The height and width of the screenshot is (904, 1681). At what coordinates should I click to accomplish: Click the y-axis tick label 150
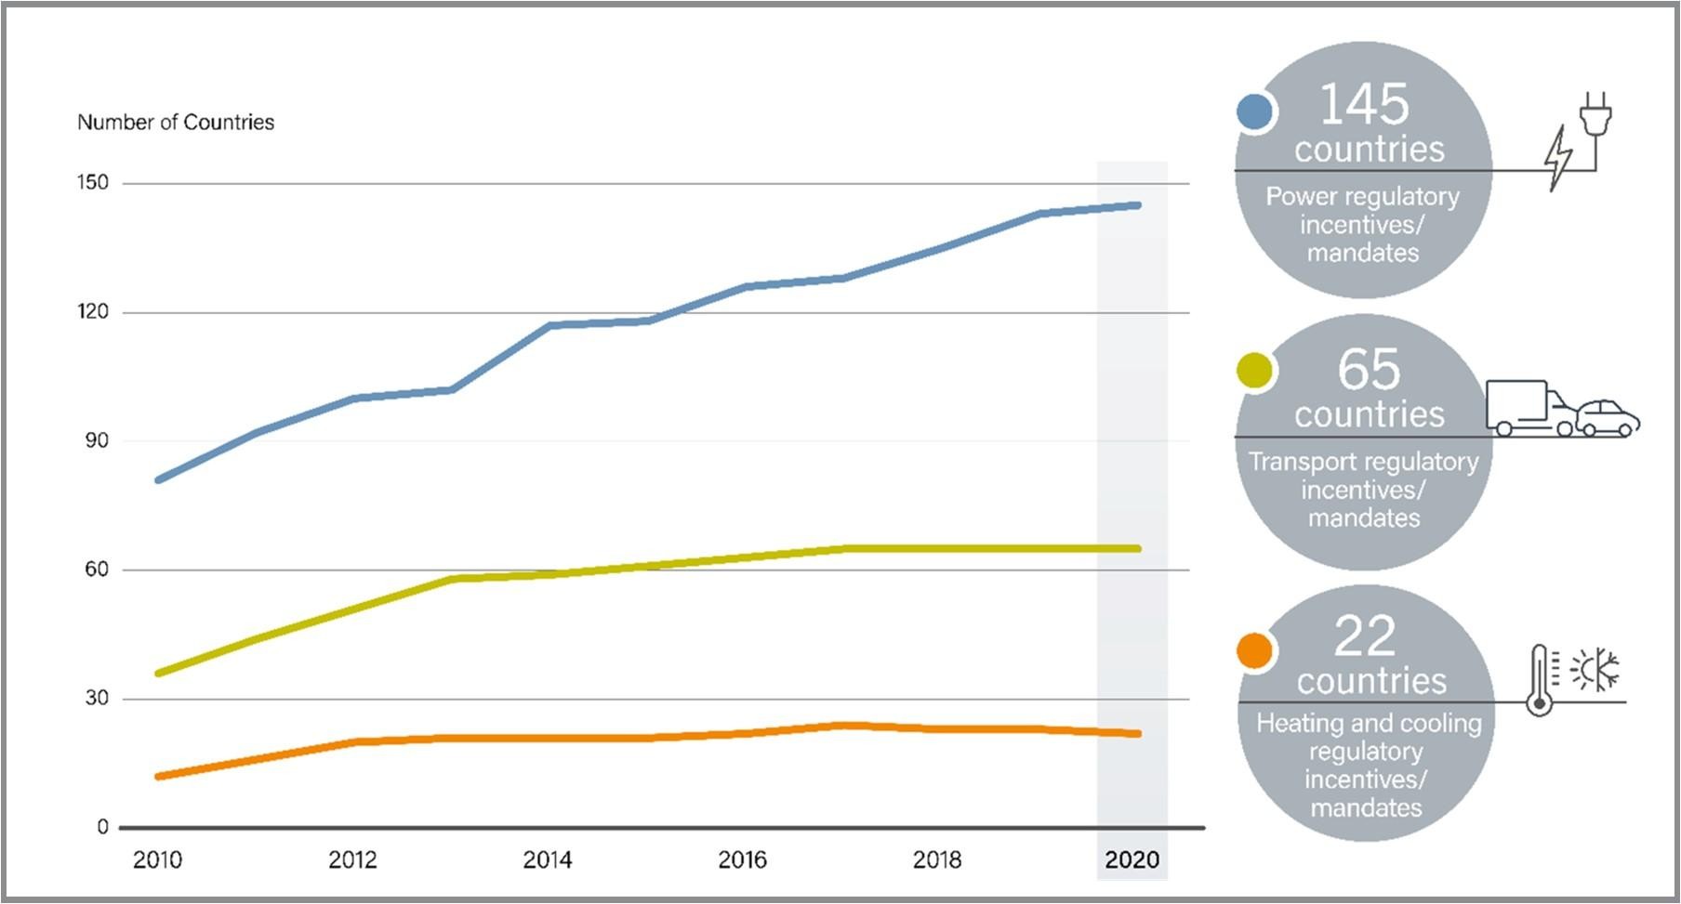coord(93,182)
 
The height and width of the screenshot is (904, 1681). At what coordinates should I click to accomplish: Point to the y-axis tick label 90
coord(97,440)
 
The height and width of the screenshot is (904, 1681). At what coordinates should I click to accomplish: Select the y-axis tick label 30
coord(97,698)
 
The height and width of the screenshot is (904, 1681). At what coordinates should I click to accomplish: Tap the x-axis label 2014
coord(547,860)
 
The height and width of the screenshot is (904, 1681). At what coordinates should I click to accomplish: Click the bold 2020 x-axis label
coord(1132,860)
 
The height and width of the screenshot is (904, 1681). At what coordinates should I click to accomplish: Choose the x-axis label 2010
coord(157,860)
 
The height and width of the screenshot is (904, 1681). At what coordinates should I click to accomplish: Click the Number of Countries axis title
coord(176,123)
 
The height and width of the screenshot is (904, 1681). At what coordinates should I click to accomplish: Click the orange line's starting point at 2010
coord(159,776)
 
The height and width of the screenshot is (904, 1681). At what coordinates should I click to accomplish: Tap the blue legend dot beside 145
coord(1254,112)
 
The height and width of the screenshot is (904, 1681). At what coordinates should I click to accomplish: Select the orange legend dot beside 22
coord(1254,651)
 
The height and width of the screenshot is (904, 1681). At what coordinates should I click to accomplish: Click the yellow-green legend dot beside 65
coord(1254,371)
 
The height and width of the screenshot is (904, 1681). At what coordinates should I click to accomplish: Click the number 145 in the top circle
coord(1364,104)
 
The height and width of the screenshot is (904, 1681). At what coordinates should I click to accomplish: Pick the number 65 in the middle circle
coord(1369,369)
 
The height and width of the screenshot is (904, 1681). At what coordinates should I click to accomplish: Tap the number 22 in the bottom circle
coord(1365,636)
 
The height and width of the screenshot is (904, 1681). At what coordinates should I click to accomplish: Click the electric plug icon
coord(1594,115)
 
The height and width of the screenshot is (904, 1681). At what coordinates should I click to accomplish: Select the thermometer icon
coord(1541,680)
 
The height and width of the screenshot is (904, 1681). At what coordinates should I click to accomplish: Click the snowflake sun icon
coord(1595,669)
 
